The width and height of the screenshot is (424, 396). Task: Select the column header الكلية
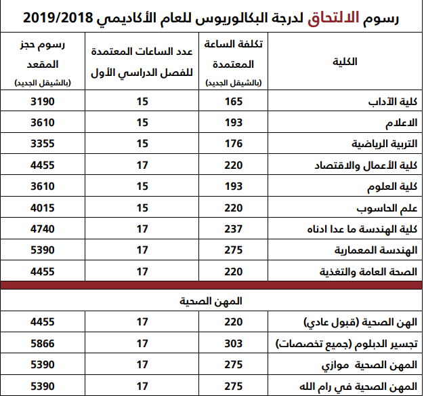[x=346, y=62]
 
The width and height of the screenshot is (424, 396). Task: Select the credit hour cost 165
[x=233, y=102]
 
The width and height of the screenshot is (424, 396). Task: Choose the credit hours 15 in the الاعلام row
[x=142, y=123]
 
